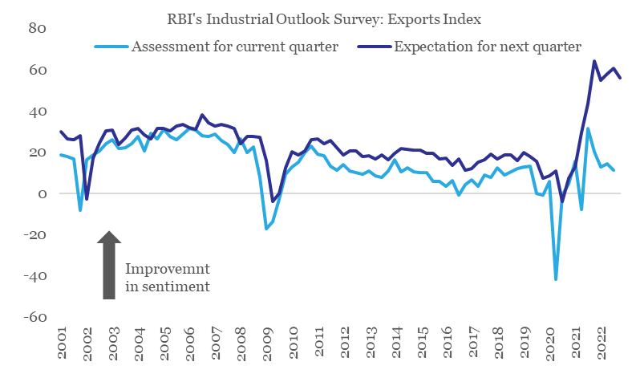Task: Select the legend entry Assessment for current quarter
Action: pyautogui.click(x=234, y=47)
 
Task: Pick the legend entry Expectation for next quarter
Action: pyautogui.click(x=487, y=47)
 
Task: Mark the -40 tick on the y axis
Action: pyautogui.click(x=36, y=277)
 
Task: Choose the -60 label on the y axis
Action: pyautogui.click(x=36, y=318)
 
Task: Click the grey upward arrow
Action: pyautogui.click(x=110, y=265)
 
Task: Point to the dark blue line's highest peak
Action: pyautogui.click(x=594, y=60)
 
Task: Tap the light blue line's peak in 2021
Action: pyautogui.click(x=588, y=128)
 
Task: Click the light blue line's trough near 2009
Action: pyautogui.click(x=266, y=229)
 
